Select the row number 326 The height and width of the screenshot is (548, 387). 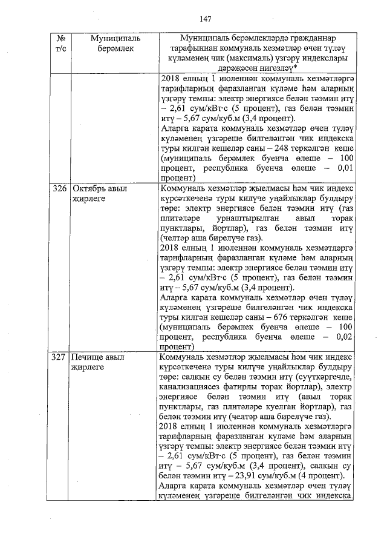(x=59, y=188)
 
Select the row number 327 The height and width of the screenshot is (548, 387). (x=59, y=358)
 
